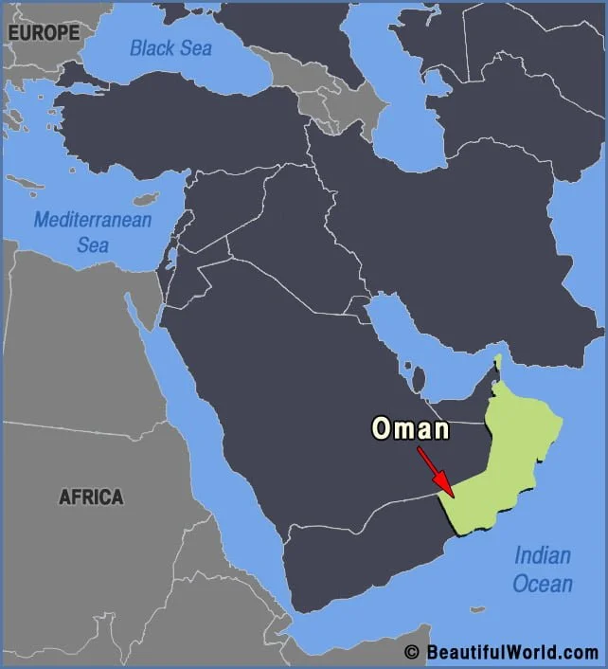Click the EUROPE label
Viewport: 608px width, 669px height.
pyautogui.click(x=44, y=33)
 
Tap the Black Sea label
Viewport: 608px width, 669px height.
pyautogui.click(x=171, y=47)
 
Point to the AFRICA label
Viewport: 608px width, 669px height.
pyautogui.click(x=91, y=497)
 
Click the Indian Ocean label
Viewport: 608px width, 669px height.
pyautogui.click(x=543, y=569)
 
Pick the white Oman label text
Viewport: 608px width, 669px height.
pyautogui.click(x=409, y=429)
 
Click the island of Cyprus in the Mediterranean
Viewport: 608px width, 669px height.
pyautogui.click(x=145, y=200)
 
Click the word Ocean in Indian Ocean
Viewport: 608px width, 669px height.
pyautogui.click(x=543, y=583)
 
